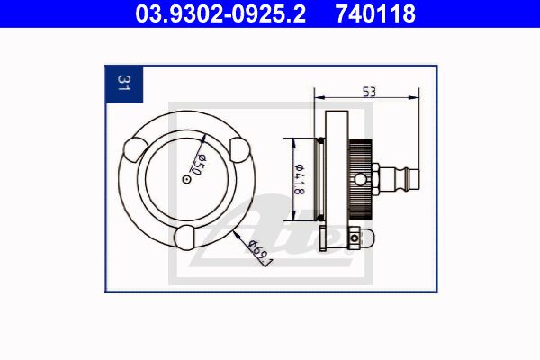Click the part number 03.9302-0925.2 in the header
click(220, 13)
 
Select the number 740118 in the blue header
click(375, 13)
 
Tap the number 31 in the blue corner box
click(123, 83)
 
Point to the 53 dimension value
click(369, 92)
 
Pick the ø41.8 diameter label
click(299, 179)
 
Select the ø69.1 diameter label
click(260, 253)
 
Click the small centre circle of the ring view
click(186, 179)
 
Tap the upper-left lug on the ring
click(135, 149)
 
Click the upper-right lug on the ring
click(240, 150)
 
